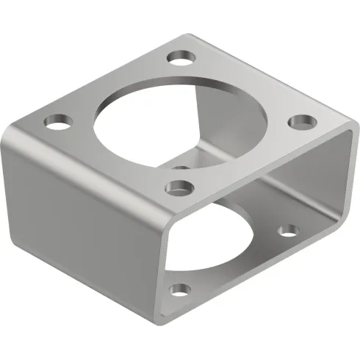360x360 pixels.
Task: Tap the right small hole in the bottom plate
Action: (289, 231)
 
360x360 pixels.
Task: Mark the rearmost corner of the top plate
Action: (187, 33)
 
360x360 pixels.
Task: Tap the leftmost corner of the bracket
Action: (5, 140)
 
